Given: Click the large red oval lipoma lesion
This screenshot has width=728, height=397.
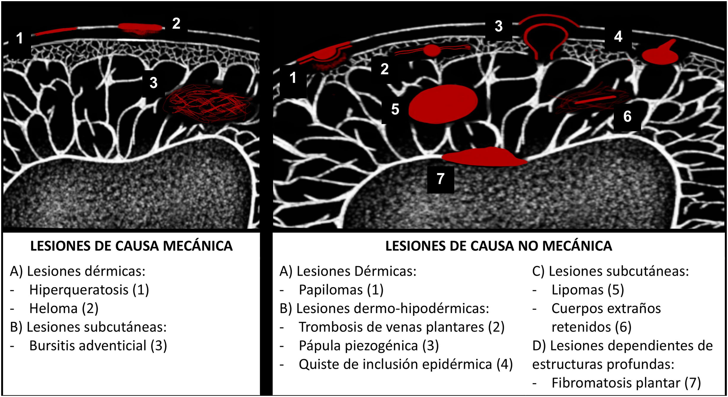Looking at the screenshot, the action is click(443, 104).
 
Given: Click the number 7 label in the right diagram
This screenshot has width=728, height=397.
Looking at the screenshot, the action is click(440, 179).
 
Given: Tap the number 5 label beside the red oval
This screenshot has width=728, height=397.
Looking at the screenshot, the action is click(395, 109).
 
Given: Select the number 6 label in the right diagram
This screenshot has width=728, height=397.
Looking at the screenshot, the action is click(627, 117).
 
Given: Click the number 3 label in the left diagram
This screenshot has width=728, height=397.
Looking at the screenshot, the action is click(153, 83).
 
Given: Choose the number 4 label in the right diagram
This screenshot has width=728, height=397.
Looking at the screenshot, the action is click(618, 37).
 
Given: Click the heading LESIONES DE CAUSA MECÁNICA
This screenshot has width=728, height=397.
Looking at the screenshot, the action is click(131, 246).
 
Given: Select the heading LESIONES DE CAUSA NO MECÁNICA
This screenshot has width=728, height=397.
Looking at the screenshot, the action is click(498, 246).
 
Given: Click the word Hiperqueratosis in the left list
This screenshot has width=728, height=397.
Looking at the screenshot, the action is click(79, 290).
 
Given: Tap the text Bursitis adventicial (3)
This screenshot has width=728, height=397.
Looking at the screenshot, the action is click(98, 346).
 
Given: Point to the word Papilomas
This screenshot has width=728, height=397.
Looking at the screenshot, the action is click(331, 290).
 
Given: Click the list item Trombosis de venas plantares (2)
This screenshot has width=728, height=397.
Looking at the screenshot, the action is click(401, 327).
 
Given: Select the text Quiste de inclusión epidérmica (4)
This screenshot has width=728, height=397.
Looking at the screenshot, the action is click(405, 364).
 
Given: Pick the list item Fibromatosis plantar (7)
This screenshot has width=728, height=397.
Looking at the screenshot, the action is click(626, 383).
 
